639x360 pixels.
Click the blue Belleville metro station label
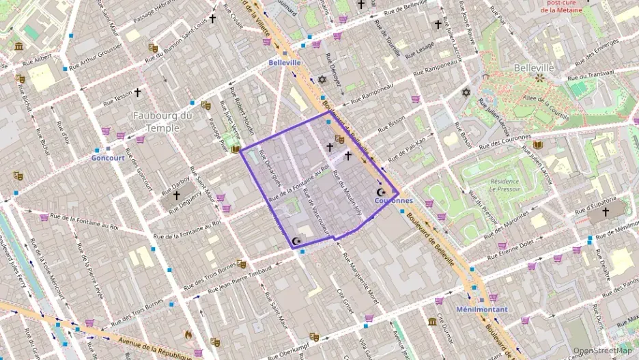[x=285, y=62]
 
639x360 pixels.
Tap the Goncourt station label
[x=108, y=157]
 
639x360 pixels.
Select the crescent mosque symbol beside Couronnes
[x=381, y=193]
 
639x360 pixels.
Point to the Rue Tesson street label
[x=117, y=98]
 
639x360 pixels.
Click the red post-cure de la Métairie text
[x=563, y=7]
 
